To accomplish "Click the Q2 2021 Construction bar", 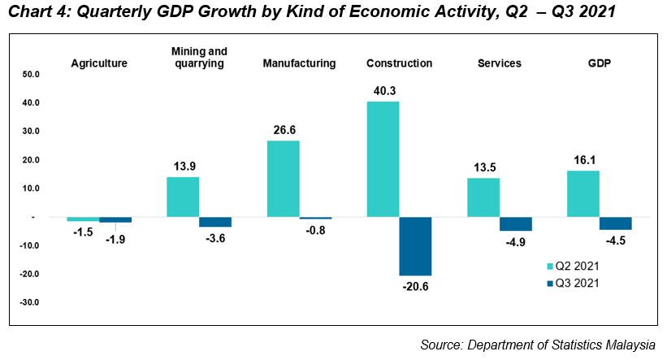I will (x=383, y=159).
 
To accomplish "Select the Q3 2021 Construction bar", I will (x=415, y=246).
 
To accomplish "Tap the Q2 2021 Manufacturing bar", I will (x=283, y=179).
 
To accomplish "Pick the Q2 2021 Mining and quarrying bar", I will (x=183, y=197).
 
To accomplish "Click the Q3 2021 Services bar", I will (x=515, y=224).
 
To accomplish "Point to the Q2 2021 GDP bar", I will (x=583, y=193).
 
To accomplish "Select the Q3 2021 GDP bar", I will (x=615, y=223).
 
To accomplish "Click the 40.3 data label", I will (x=383, y=91).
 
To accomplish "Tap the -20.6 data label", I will (x=416, y=286).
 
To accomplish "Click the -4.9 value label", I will (x=516, y=241).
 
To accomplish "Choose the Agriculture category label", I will (x=99, y=63).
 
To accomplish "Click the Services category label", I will (x=500, y=63).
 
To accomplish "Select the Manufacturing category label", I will (x=299, y=63).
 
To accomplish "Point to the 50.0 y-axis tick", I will (x=30, y=74).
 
